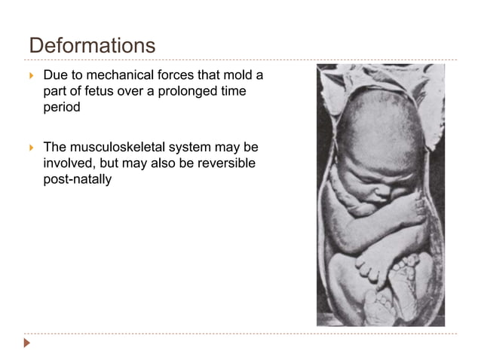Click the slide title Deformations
pos(92,45)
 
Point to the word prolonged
pos(175,92)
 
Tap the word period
pos(61,108)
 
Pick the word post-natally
pos(78,178)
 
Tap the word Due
pos(55,76)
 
